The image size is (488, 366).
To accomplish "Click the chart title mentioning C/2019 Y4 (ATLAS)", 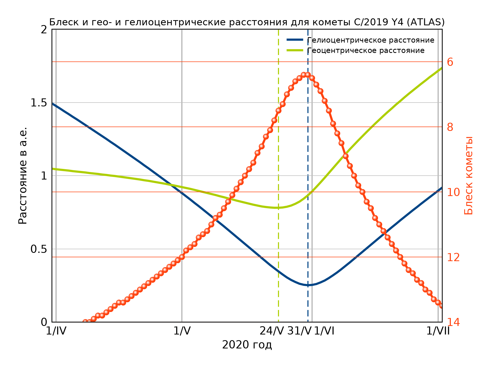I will pos(247,22).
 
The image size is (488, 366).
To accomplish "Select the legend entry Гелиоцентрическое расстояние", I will pos(370,40).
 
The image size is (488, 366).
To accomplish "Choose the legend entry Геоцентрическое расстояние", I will pos(366,51).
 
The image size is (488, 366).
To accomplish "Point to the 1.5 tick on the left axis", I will pos(39,103).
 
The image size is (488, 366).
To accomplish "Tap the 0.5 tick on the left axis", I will pos(39,249).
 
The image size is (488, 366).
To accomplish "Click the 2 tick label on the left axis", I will pos(44,30).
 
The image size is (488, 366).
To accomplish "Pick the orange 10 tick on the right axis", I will pos(453,192).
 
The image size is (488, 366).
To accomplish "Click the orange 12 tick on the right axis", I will pos(453,257).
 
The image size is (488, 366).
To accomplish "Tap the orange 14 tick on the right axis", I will pos(453,322).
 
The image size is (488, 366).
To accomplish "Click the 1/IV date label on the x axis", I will pos(56,331).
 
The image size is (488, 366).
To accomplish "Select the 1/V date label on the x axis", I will pos(182,331).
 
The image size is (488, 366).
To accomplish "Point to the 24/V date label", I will pos(272,331).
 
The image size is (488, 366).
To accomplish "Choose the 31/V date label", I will pos(299,331).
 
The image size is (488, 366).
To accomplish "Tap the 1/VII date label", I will pos(438,331).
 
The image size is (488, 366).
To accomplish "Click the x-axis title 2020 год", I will pos(247,345).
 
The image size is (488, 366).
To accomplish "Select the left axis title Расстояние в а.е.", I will pos(23,176).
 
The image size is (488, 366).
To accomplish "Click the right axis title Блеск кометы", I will pos(468,176).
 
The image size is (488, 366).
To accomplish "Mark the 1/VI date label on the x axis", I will pos(324,331).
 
